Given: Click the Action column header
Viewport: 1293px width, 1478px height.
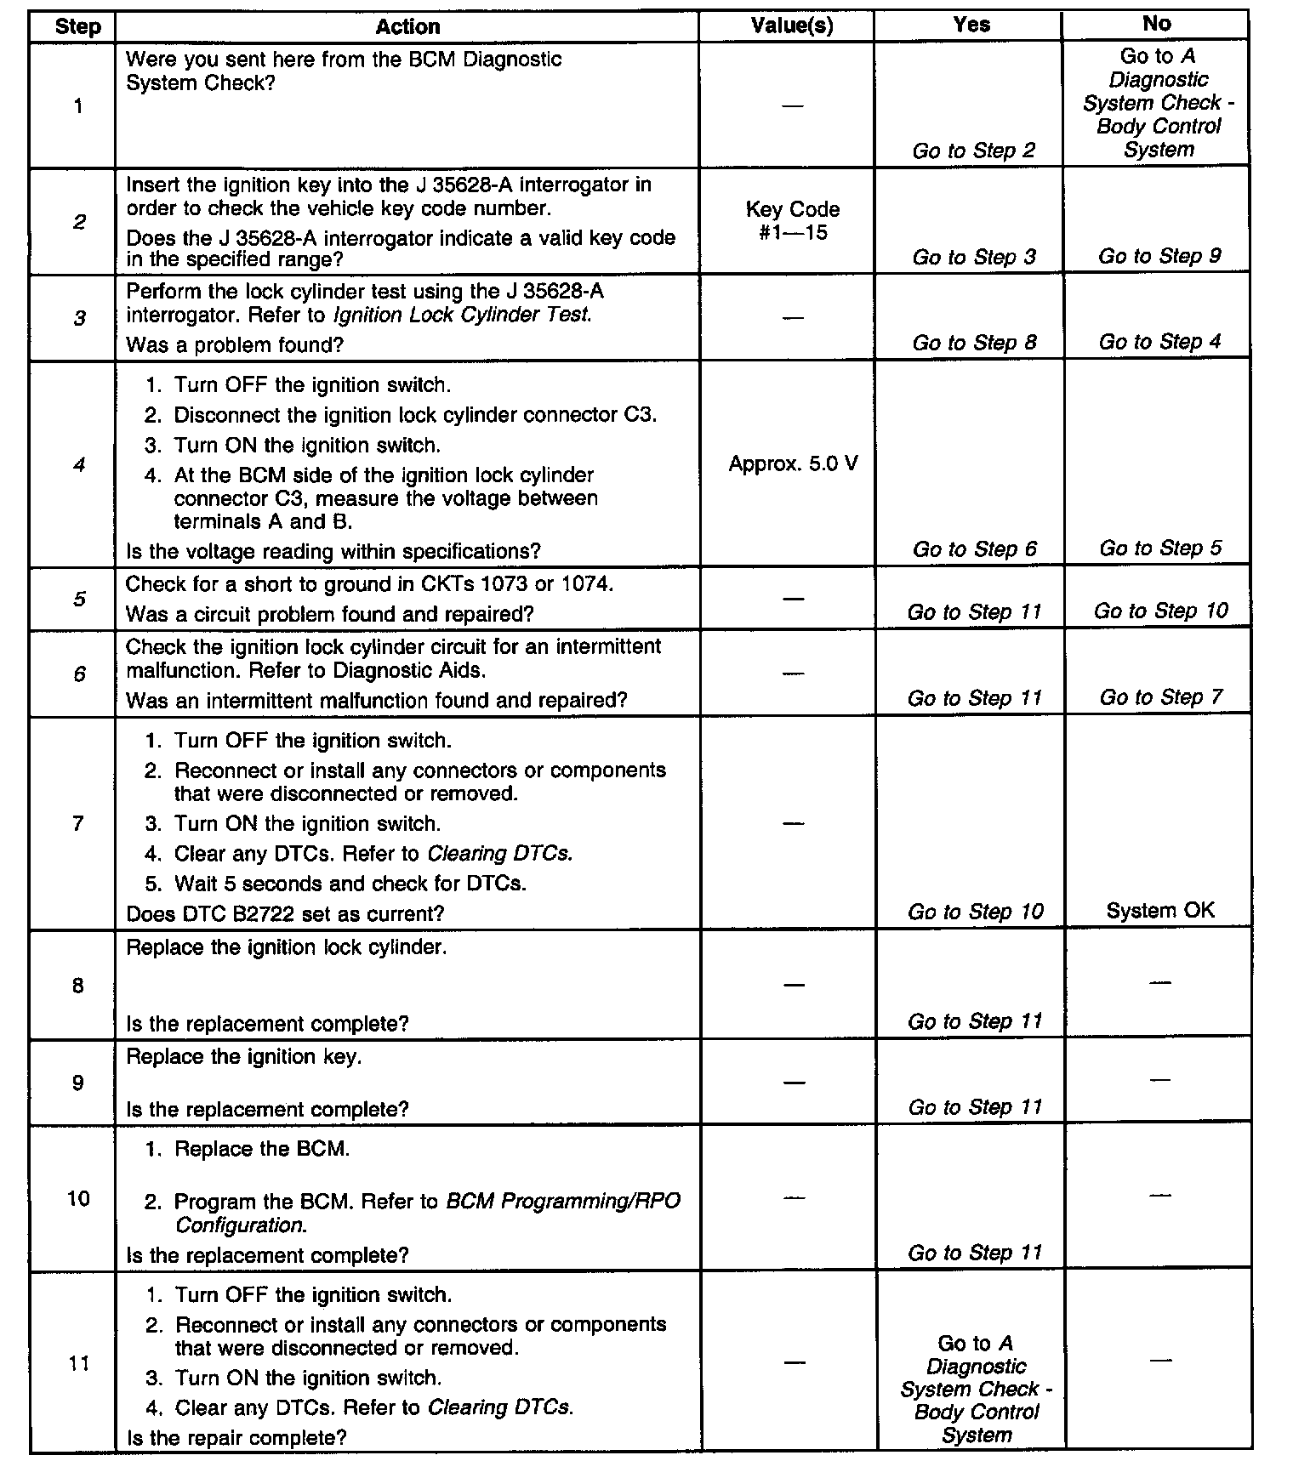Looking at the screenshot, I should pyautogui.click(x=407, y=27).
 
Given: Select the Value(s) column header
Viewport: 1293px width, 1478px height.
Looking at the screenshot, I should pyautogui.click(x=792, y=26).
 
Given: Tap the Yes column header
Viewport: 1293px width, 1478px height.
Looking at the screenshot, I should pyautogui.click(x=971, y=26).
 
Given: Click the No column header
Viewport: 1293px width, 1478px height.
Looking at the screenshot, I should pyautogui.click(x=1156, y=25).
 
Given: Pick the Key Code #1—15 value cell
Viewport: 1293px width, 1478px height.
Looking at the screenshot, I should pyautogui.click(x=792, y=221).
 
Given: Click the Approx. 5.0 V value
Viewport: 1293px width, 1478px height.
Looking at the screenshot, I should pyautogui.click(x=793, y=464).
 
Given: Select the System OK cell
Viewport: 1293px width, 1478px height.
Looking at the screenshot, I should pyautogui.click(x=1160, y=911).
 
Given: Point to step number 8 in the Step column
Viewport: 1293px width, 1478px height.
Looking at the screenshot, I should pyautogui.click(x=78, y=986).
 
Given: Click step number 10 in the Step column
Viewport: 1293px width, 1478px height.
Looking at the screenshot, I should pyautogui.click(x=78, y=1199).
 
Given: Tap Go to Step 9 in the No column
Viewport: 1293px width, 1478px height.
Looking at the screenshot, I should pyautogui.click(x=1159, y=256).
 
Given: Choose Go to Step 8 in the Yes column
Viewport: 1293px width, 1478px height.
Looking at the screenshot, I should pyautogui.click(x=974, y=343).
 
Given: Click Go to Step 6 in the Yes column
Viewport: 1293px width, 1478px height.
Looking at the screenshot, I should pyautogui.click(x=974, y=549).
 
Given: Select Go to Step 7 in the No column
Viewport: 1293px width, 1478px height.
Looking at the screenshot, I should pyautogui.click(x=1160, y=698).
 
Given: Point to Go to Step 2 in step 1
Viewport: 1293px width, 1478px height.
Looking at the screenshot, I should pyautogui.click(x=973, y=151).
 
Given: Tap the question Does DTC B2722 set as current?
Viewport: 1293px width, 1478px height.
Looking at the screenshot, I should pyautogui.click(x=285, y=914).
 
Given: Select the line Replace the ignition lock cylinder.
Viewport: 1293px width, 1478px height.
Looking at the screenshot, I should pyautogui.click(x=286, y=947).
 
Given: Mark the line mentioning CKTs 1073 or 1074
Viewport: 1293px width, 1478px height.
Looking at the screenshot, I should pyautogui.click(x=369, y=584).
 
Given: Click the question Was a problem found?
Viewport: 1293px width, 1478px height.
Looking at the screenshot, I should pyautogui.click(x=235, y=345).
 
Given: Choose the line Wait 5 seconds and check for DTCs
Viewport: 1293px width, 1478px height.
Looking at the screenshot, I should pyautogui.click(x=350, y=884).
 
